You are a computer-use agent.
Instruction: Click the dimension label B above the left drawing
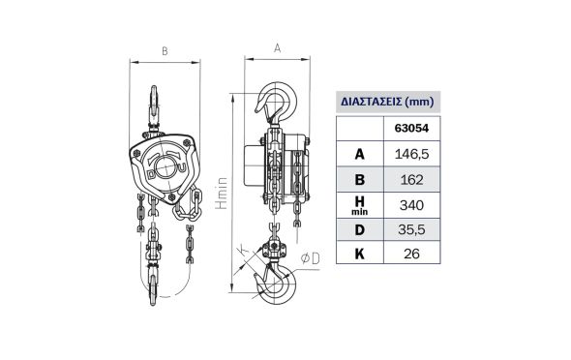coord(165,51)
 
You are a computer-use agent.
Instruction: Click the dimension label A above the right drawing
coord(277,48)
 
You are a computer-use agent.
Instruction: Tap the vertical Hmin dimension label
coord(222,194)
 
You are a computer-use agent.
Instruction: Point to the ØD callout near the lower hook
coord(311,258)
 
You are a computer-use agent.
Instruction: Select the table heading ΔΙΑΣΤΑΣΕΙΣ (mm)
coord(387,102)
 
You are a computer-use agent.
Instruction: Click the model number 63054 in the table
coord(411,128)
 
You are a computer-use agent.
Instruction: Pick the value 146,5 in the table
coord(411,154)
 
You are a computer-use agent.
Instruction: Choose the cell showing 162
coord(411,180)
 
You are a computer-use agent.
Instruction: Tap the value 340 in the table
coord(411,205)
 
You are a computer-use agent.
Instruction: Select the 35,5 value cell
coord(411,229)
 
